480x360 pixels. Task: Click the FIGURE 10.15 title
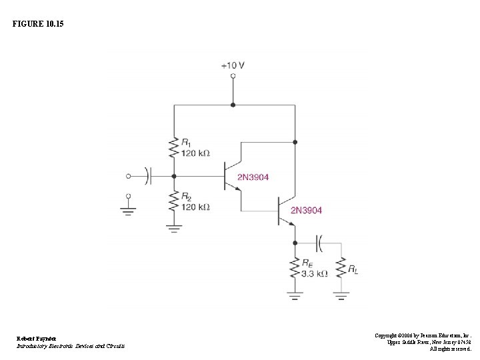39,23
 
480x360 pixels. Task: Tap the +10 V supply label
233,65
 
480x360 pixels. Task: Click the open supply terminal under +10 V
233,77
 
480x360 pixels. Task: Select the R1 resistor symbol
173,146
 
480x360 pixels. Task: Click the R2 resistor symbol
173,201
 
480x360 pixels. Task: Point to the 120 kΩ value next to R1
195,153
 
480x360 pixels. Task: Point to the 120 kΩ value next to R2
195,207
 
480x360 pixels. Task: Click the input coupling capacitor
149,176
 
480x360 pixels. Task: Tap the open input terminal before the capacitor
129,176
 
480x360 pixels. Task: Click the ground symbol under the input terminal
129,210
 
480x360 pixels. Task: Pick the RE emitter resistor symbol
293,268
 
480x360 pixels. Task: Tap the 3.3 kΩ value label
315,273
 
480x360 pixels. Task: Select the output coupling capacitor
319,243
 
